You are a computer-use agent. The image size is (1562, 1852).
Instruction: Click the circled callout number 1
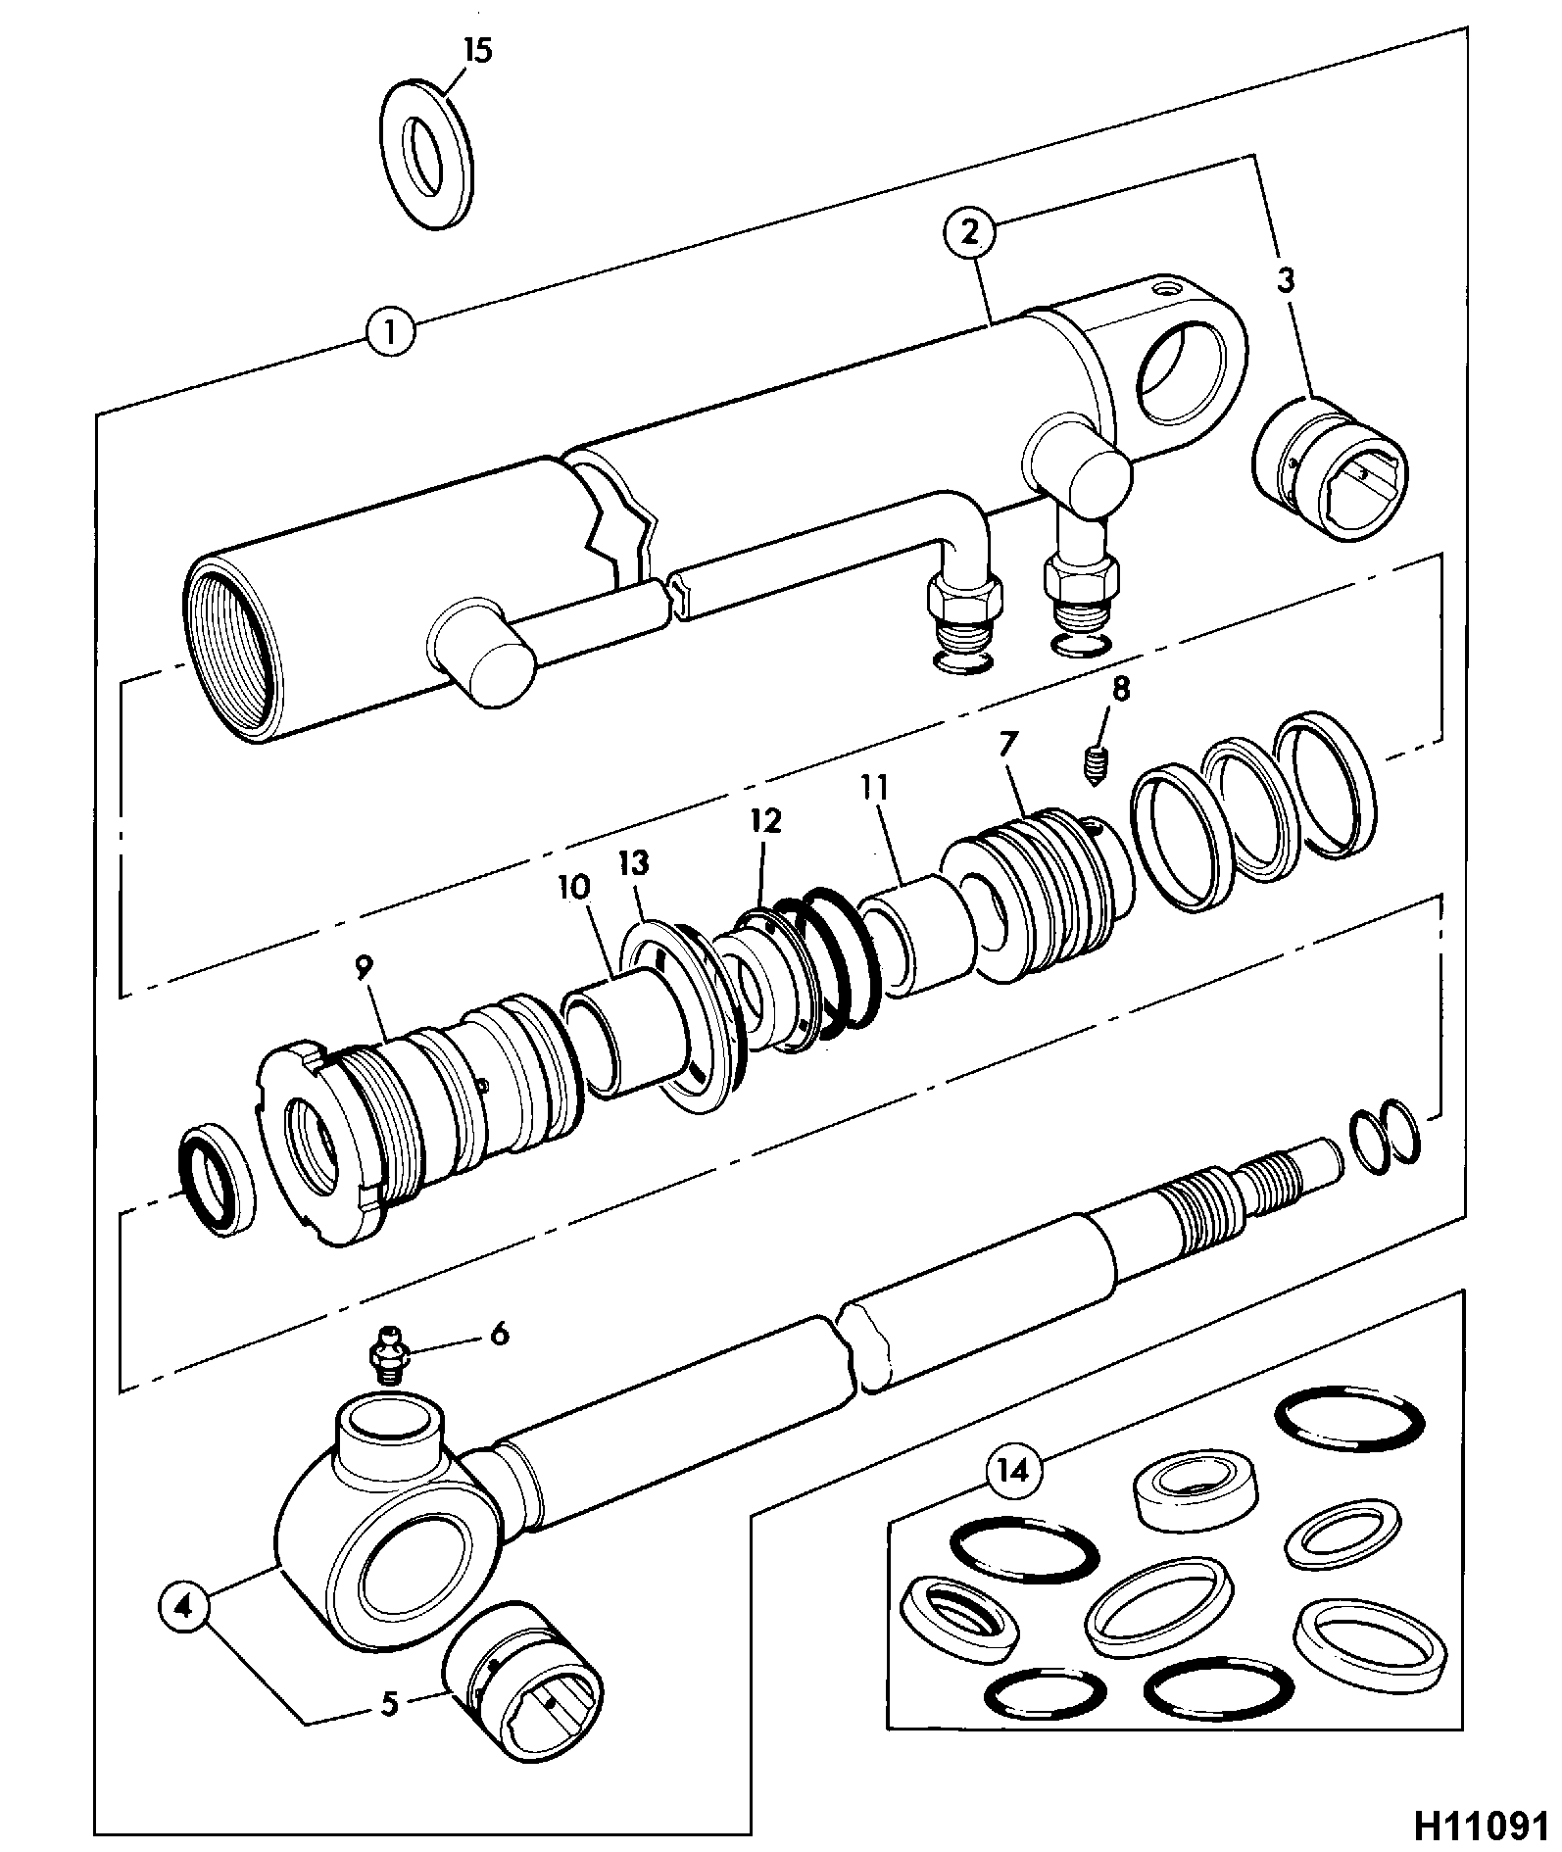(390, 331)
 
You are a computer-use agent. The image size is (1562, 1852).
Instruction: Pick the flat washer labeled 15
(425, 157)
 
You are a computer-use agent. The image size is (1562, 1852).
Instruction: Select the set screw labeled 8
(1095, 762)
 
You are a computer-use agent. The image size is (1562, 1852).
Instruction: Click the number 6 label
(499, 1334)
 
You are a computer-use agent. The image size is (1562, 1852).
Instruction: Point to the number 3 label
(1285, 280)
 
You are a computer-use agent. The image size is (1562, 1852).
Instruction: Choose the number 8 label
(1120, 690)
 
